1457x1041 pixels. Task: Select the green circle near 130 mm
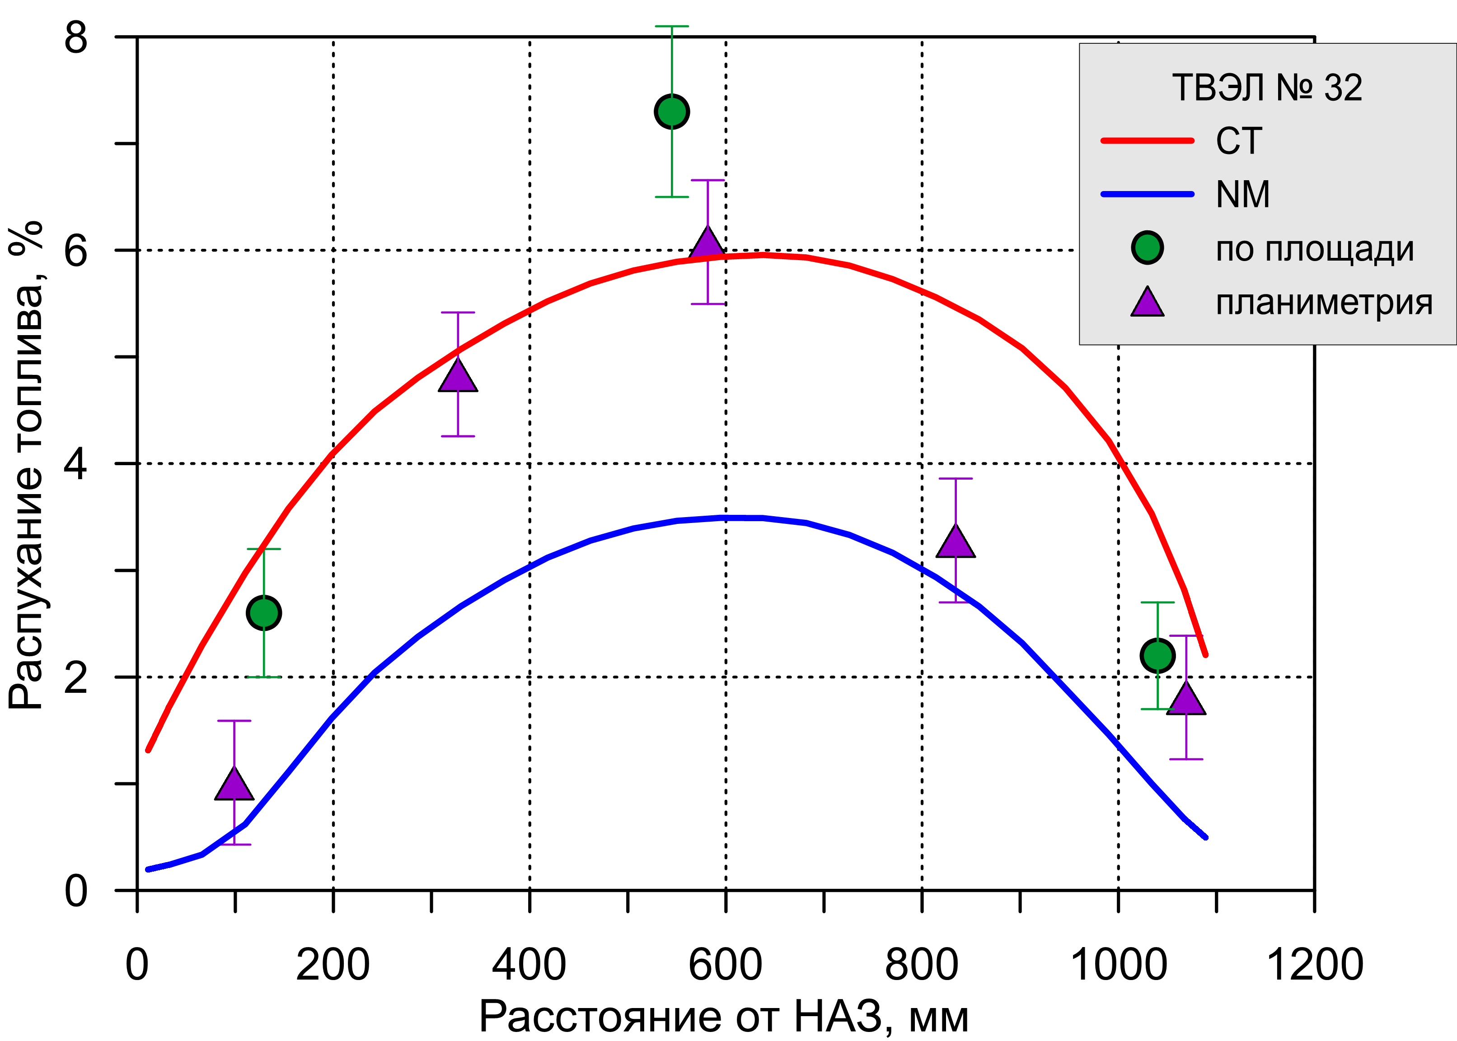click(263, 613)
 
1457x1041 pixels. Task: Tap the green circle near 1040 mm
click(1157, 655)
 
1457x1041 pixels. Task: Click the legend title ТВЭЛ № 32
click(1266, 88)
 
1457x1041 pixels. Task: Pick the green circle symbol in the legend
click(1147, 247)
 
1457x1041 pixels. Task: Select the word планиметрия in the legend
click(1324, 303)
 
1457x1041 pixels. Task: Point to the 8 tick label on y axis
click(75, 38)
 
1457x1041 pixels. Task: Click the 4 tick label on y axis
click(75, 464)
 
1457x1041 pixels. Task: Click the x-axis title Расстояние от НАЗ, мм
click(724, 1017)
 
